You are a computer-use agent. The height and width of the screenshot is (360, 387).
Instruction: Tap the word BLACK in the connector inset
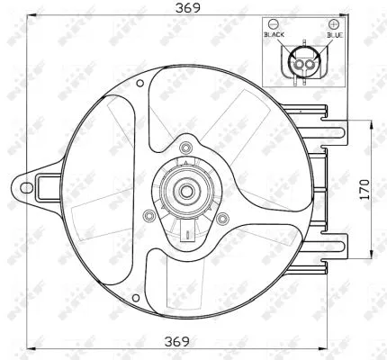click(x=274, y=34)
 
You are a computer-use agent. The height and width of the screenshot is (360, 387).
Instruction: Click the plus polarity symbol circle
click(x=335, y=22)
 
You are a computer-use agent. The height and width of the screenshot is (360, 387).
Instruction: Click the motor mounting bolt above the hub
click(x=185, y=148)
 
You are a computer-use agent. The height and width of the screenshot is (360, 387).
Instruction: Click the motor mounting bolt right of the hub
click(x=222, y=217)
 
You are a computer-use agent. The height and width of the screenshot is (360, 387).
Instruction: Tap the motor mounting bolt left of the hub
click(x=148, y=217)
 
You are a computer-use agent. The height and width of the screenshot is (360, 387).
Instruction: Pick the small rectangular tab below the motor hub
click(x=185, y=236)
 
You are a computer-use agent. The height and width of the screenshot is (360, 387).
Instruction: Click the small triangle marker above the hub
click(x=185, y=162)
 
